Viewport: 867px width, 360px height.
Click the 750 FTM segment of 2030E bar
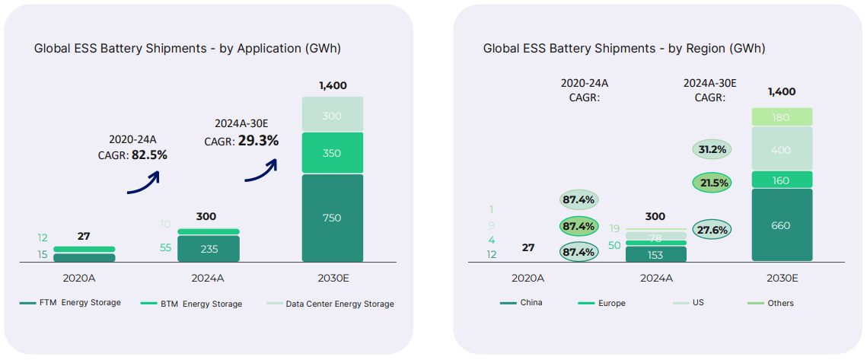332,218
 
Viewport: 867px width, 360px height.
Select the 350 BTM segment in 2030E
332,153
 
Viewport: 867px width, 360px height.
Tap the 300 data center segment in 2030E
332,115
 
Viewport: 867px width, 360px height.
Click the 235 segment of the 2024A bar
208,249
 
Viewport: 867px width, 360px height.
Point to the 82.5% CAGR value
149,155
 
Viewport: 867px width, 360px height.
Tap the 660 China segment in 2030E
781,225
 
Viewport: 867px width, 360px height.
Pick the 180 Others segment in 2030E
781,117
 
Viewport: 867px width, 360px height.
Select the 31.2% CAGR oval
712,149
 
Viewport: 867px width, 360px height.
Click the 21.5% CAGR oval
712,183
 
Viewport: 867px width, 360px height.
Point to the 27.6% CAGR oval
712,230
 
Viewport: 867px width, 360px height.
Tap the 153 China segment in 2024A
655,255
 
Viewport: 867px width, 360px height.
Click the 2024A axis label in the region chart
655,278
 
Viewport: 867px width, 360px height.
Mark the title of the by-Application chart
187,48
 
